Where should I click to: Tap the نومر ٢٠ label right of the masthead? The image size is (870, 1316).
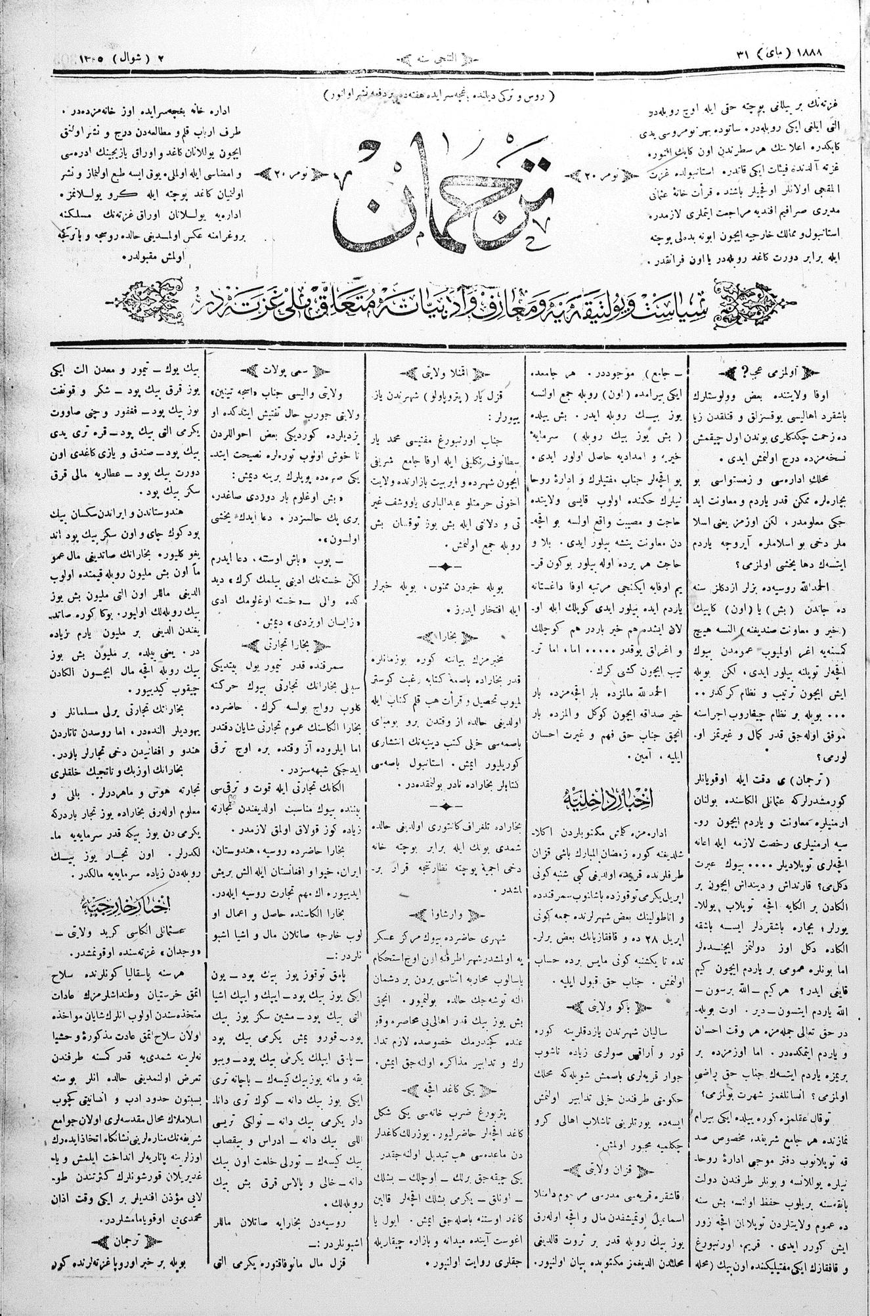click(600, 175)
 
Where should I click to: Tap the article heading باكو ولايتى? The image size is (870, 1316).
click(603, 1005)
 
